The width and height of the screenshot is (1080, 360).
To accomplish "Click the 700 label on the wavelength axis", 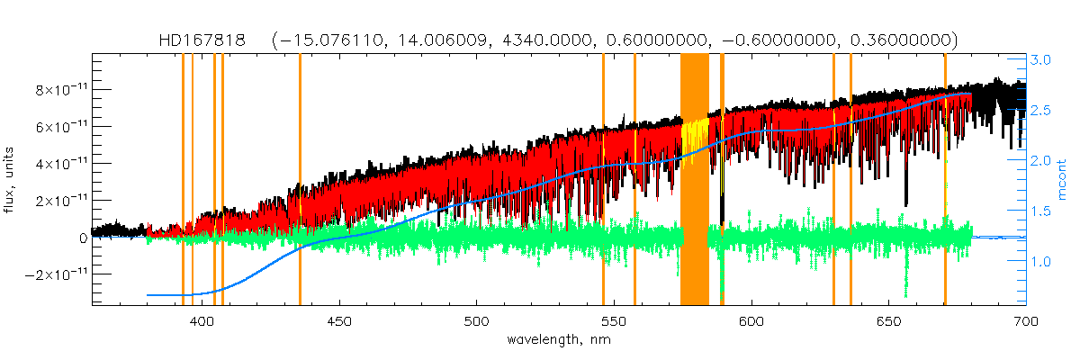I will [x=1025, y=320].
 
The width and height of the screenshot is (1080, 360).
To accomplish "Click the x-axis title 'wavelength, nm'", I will [x=558, y=340].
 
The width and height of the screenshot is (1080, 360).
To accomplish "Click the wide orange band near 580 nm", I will [x=694, y=180].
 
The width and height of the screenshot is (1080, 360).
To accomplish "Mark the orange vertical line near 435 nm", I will [x=300, y=180].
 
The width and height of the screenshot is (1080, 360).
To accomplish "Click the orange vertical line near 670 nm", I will [x=945, y=180].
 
